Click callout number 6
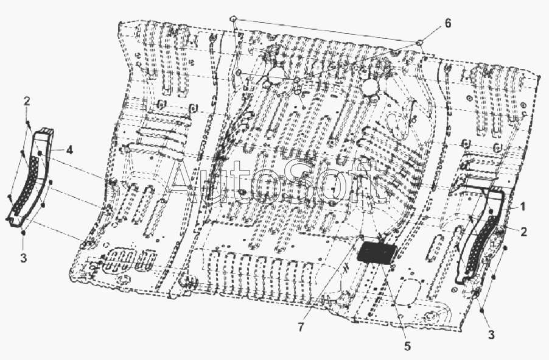pos(447,23)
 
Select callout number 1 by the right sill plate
pos(522,207)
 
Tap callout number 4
pos(69,150)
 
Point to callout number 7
pos(301,327)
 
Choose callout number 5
pos(407,346)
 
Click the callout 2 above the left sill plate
pos(27,101)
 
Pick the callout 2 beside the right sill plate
pos(523,231)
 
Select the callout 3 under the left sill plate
pos(23,258)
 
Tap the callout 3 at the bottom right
pos(491,335)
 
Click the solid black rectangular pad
pos(377,253)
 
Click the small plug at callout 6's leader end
pos(419,43)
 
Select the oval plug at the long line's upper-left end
pos(234,18)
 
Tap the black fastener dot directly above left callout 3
pos(23,233)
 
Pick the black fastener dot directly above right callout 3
pos(482,311)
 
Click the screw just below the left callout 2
pos(29,122)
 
